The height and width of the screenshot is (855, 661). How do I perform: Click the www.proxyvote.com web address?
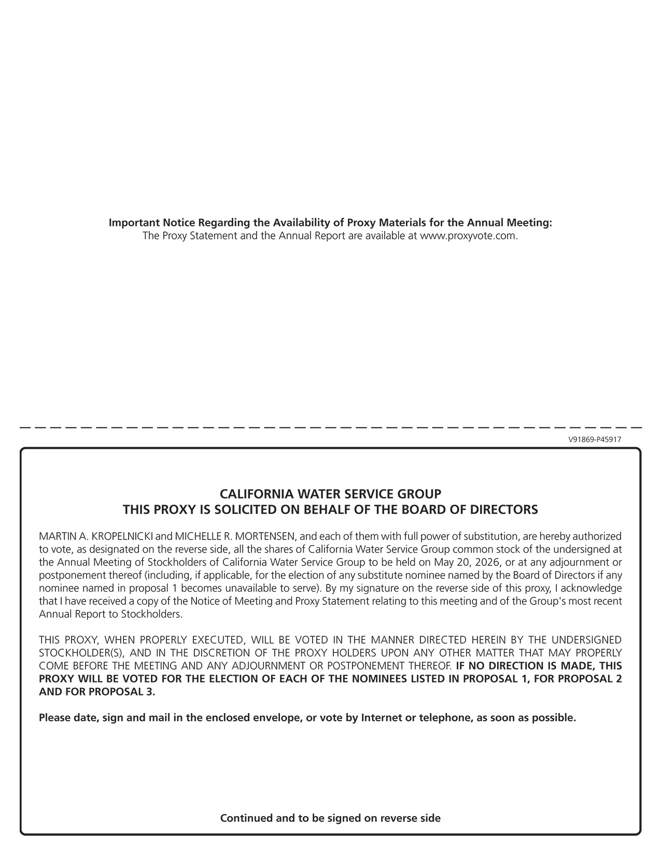tap(468, 236)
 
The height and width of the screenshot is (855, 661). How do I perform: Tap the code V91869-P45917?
tap(595, 439)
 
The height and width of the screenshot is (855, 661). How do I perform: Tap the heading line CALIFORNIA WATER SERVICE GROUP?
tap(330, 493)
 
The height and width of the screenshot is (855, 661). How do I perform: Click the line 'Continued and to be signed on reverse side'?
tap(330, 818)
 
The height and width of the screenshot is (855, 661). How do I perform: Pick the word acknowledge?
tap(593, 588)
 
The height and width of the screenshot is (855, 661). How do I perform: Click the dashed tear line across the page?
tap(330, 427)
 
